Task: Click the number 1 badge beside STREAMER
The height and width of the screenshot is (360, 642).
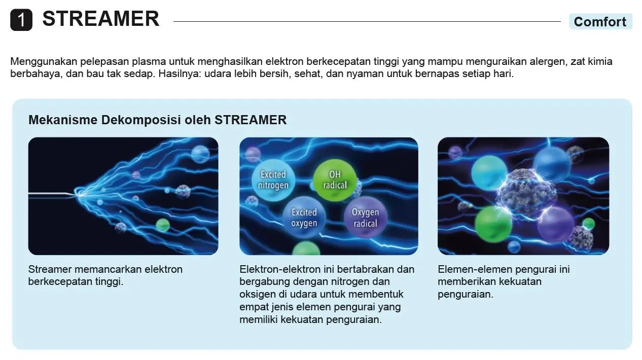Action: pyautogui.click(x=21, y=20)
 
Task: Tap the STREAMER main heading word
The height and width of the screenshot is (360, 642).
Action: pyautogui.click(x=101, y=19)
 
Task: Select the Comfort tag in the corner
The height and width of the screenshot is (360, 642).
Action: pyautogui.click(x=600, y=21)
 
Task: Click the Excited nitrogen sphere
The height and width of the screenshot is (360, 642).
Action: pyautogui.click(x=273, y=180)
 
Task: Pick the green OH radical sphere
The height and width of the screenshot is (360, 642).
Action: pyautogui.click(x=335, y=180)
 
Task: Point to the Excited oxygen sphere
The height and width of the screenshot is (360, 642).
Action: pyautogui.click(x=304, y=218)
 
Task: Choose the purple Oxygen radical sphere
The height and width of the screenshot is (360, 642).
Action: pyautogui.click(x=366, y=218)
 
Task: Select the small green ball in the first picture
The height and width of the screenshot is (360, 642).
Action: pyautogui.click(x=162, y=225)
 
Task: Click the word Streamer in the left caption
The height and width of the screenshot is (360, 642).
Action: pyautogui.click(x=50, y=269)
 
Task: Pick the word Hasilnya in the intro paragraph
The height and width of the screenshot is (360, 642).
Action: pyautogui.click(x=180, y=74)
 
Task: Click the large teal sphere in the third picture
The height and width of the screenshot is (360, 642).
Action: pyautogui.click(x=489, y=173)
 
